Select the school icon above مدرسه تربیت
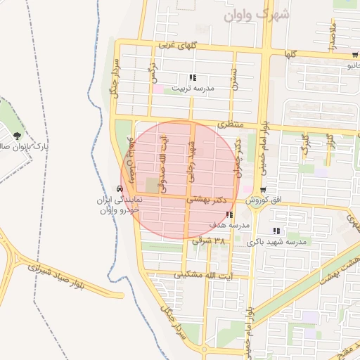pyautogui.click(x=193, y=78)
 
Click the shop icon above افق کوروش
pyautogui.click(x=262, y=190)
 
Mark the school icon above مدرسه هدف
pyautogui.click(x=231, y=214)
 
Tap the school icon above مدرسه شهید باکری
pyautogui.click(x=276, y=231)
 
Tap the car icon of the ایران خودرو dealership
pyautogui.click(x=120, y=189)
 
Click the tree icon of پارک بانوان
pyautogui.click(x=17, y=136)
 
